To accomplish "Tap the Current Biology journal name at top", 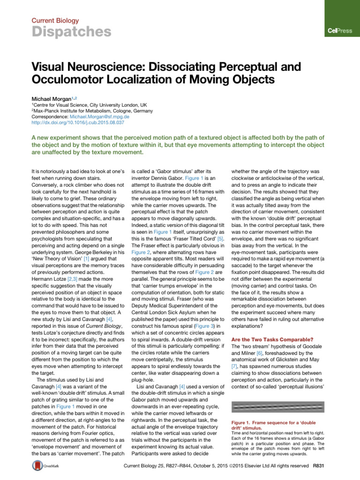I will [55, 21].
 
